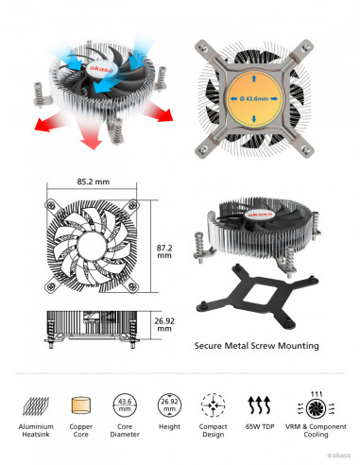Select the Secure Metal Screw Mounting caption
coord(256,346)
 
